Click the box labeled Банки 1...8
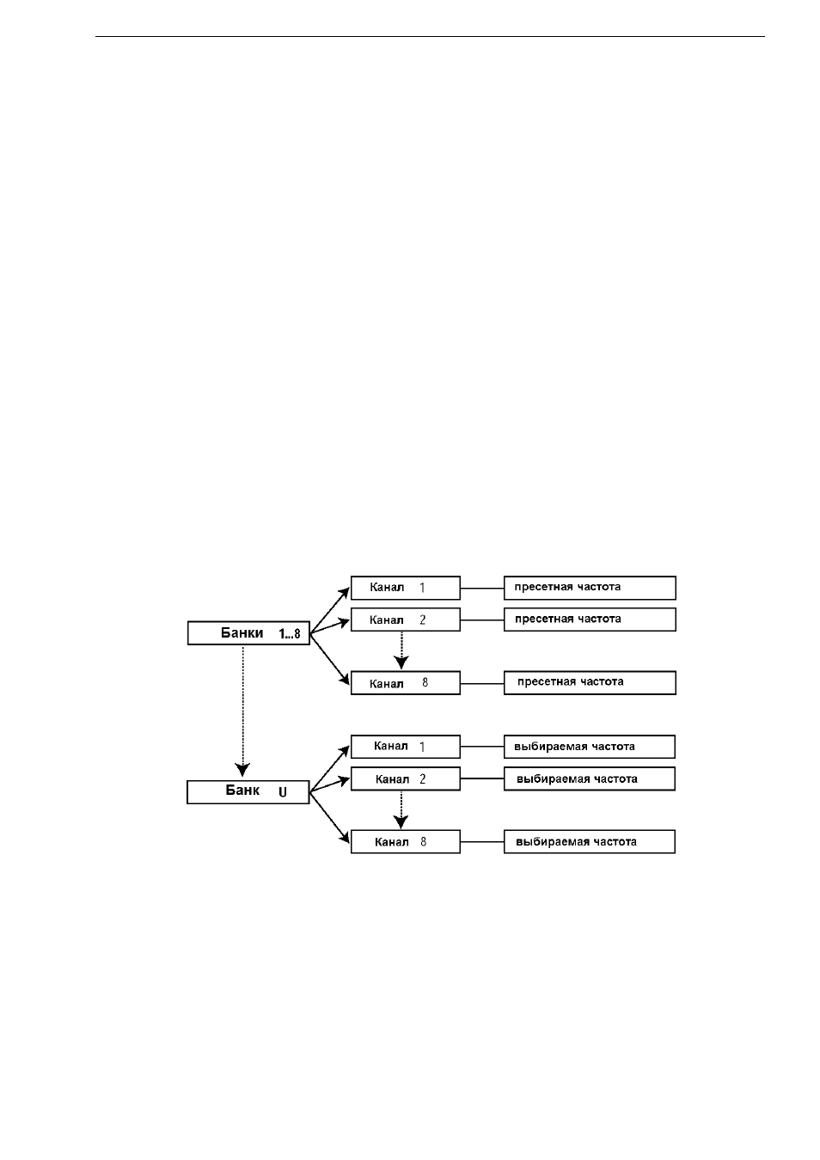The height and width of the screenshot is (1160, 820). click(x=248, y=632)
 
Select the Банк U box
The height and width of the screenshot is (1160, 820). click(x=248, y=791)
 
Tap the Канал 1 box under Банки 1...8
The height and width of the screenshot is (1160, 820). click(x=406, y=588)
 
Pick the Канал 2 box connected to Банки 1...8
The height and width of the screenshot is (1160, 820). click(x=406, y=620)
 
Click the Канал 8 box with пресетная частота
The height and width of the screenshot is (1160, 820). click(x=406, y=683)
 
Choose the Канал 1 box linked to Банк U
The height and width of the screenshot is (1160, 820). click(x=406, y=747)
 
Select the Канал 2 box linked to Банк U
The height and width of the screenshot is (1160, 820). click(x=406, y=778)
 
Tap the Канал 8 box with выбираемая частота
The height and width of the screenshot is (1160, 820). click(x=406, y=842)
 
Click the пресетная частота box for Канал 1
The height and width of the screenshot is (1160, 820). click(x=590, y=588)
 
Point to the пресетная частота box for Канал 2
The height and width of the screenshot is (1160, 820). click(x=590, y=620)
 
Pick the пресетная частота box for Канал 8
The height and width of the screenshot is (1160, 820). click(x=590, y=683)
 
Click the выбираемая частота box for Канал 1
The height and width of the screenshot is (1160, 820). click(x=590, y=747)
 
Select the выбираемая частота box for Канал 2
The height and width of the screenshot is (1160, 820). click(x=590, y=778)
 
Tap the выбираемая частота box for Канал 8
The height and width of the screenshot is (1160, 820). click(x=590, y=842)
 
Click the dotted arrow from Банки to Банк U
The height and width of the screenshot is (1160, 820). click(x=243, y=711)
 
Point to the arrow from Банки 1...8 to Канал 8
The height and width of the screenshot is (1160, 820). click(x=330, y=659)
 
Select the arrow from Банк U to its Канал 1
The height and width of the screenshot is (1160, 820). click(x=330, y=769)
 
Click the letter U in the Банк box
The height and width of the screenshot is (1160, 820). click(x=283, y=792)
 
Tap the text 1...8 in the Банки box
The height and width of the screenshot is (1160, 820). click(x=290, y=634)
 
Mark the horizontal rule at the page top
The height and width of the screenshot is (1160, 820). click(x=430, y=37)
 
